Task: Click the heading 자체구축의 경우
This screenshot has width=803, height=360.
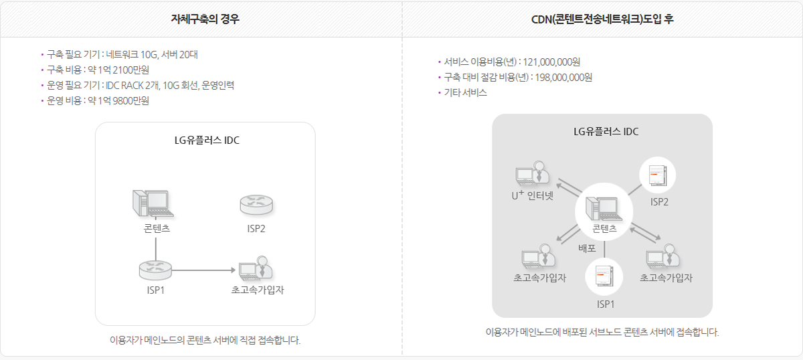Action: pyautogui.click(x=205, y=19)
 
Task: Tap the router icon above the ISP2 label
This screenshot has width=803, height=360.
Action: pyautogui.click(x=256, y=205)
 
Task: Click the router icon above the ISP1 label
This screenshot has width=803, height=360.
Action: pyautogui.click(x=155, y=270)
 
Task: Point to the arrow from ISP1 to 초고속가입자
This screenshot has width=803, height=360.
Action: pyautogui.click(x=204, y=270)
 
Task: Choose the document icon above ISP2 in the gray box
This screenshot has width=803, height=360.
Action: pyautogui.click(x=658, y=175)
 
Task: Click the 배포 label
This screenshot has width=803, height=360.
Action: pyautogui.click(x=588, y=248)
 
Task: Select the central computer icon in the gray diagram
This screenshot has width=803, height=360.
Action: pyautogui.click(x=604, y=209)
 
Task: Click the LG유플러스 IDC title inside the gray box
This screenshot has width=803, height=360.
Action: pyautogui.click(x=606, y=131)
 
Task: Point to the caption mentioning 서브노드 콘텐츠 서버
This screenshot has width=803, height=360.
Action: pyautogui.click(x=602, y=332)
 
